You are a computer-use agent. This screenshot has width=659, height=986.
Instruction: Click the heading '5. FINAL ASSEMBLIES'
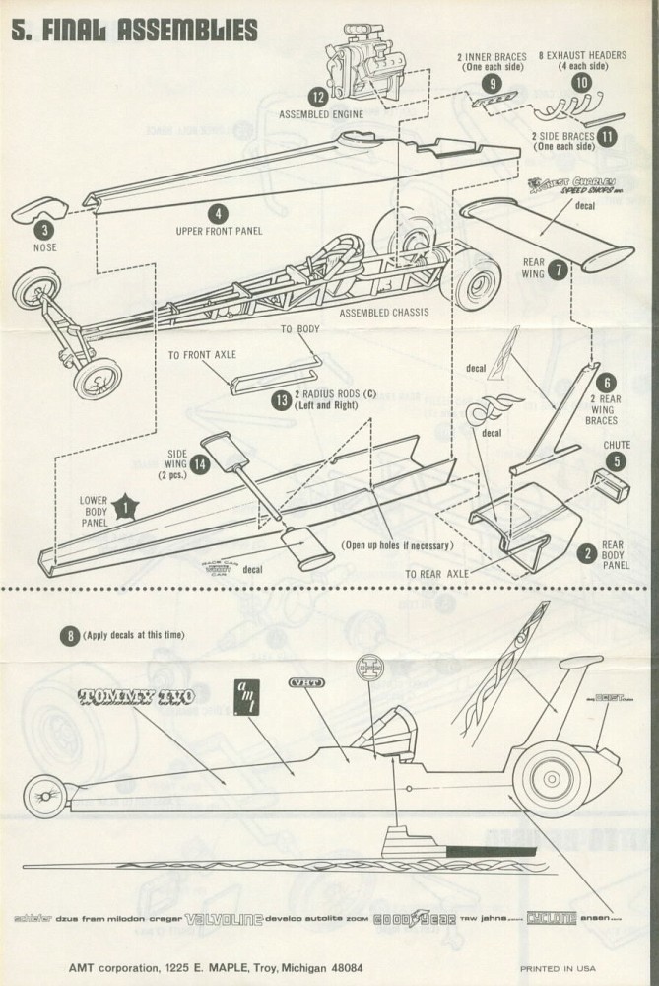point(135,29)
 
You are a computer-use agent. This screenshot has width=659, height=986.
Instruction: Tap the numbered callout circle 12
point(316,97)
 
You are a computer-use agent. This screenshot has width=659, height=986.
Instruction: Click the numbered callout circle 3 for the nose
point(43,230)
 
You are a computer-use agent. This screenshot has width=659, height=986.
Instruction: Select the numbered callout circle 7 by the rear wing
point(559,268)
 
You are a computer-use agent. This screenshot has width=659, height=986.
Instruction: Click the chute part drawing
point(608,484)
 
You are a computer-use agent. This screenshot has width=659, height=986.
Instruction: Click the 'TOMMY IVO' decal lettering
point(135,696)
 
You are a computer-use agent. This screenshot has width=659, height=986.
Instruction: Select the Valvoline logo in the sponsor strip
point(224,919)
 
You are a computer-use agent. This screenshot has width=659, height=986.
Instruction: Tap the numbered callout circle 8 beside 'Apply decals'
point(69,636)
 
